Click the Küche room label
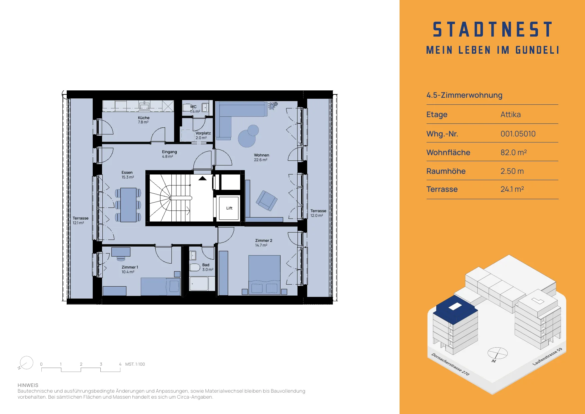(144, 118)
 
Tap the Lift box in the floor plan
(229, 208)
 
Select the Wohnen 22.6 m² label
(261, 157)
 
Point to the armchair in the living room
(266, 200)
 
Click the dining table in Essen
(128, 205)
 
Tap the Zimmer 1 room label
(130, 267)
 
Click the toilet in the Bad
(195, 267)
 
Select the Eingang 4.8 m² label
(169, 154)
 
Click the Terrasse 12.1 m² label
(80, 221)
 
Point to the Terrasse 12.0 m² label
(318, 213)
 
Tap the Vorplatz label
(203, 133)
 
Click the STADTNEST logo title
(493, 29)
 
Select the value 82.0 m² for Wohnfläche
(514, 152)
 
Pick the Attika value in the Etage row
(511, 114)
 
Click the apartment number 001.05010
(518, 134)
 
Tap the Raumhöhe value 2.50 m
(512, 171)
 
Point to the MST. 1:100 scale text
(135, 364)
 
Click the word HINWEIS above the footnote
(28, 385)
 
